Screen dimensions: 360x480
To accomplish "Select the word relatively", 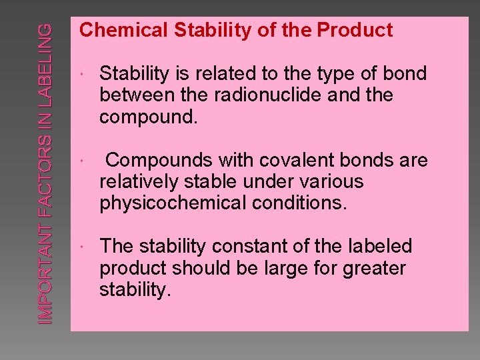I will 139,181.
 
